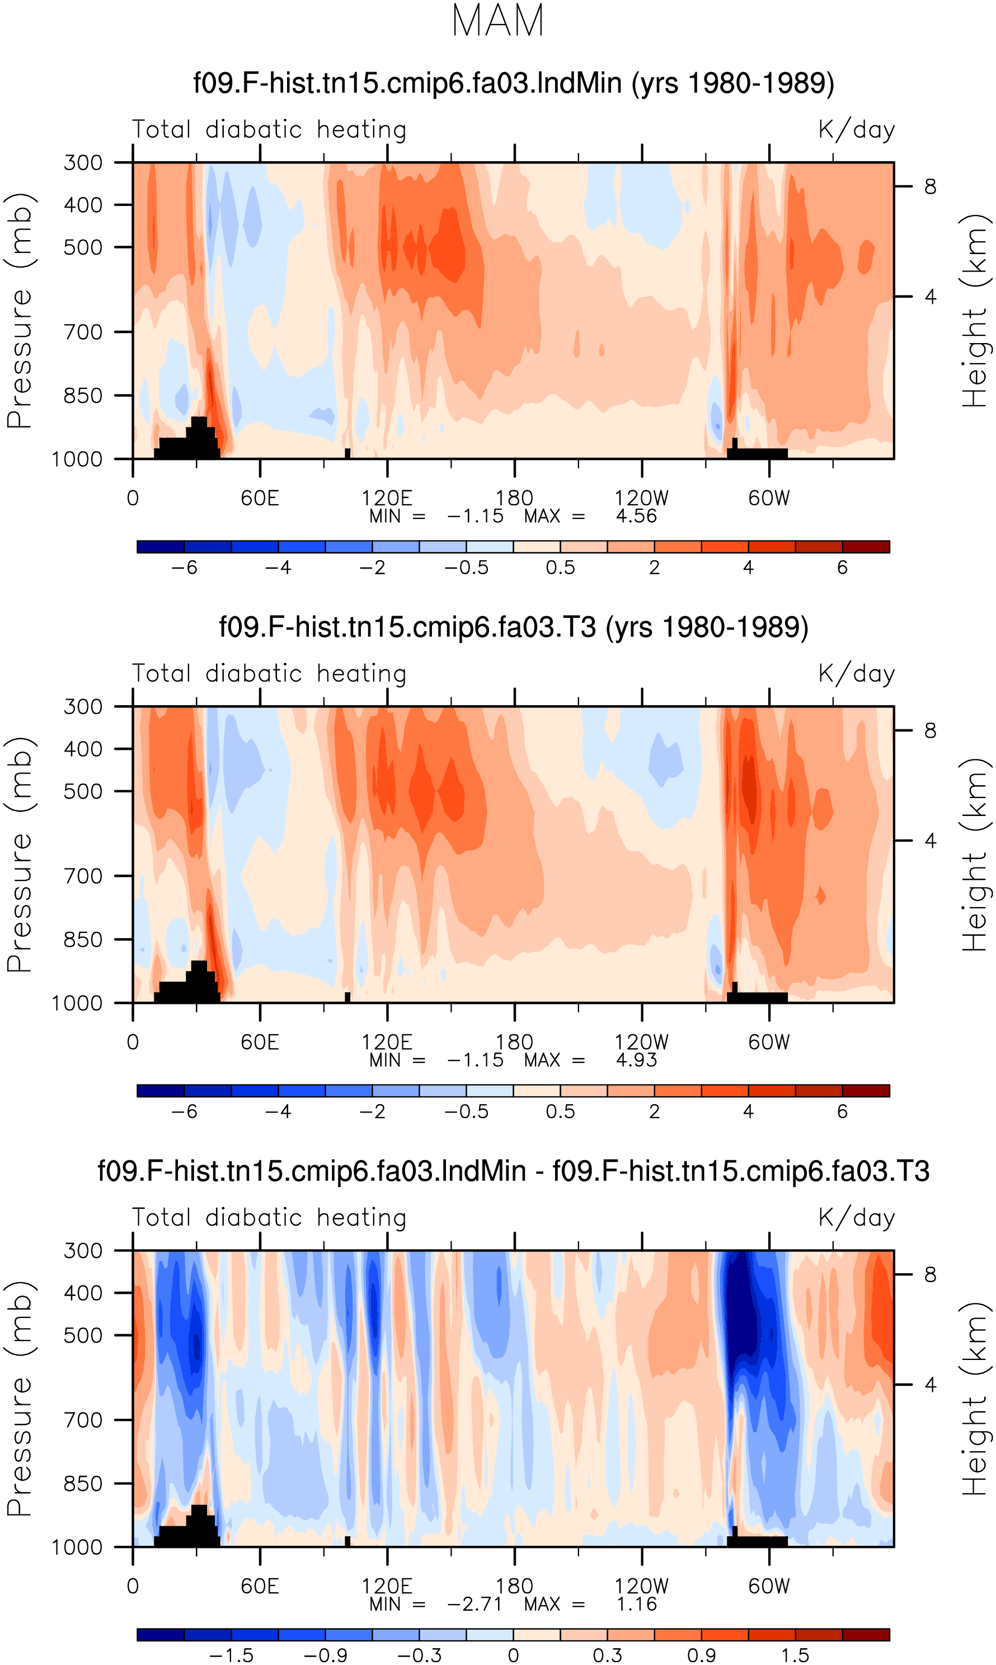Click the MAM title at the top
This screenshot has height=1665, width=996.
pyautogui.click(x=498, y=21)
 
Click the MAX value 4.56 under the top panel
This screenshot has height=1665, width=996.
pyautogui.click(x=636, y=516)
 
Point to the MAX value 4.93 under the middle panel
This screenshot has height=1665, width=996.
pyautogui.click(x=636, y=1061)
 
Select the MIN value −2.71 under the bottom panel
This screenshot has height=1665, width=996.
pyautogui.click(x=475, y=1605)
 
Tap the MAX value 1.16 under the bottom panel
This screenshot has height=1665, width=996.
pyautogui.click(x=636, y=1605)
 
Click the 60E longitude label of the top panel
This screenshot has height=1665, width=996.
pyautogui.click(x=260, y=498)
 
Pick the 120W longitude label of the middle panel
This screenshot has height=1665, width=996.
pyautogui.click(x=642, y=1042)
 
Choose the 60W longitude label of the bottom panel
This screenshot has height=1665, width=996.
pyautogui.click(x=769, y=1587)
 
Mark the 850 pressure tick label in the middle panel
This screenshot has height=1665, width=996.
pyautogui.click(x=83, y=940)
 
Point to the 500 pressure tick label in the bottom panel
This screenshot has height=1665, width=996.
pyautogui.click(x=83, y=1335)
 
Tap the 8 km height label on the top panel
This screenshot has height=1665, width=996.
pyautogui.click(x=930, y=186)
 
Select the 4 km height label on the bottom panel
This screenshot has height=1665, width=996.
pyautogui.click(x=930, y=1385)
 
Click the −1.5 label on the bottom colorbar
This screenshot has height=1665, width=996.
pyautogui.click(x=232, y=1655)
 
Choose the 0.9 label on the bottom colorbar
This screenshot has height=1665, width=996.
pyautogui.click(x=701, y=1655)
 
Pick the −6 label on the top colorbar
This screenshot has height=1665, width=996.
pyautogui.click(x=185, y=567)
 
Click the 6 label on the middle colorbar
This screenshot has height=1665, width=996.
pyautogui.click(x=842, y=1112)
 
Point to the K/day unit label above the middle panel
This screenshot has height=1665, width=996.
pyautogui.click(x=857, y=673)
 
